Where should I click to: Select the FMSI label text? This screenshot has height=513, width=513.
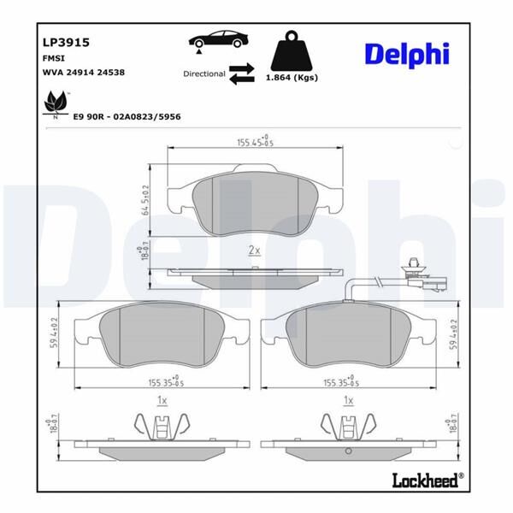tap(55, 57)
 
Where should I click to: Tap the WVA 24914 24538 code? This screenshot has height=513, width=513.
tap(84, 73)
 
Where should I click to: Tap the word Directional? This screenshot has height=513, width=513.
tap(203, 74)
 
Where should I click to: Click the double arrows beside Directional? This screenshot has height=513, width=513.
tap(243, 74)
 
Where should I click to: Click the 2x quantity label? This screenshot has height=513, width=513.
tap(253, 250)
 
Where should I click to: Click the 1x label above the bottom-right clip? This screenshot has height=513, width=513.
tap(348, 399)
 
